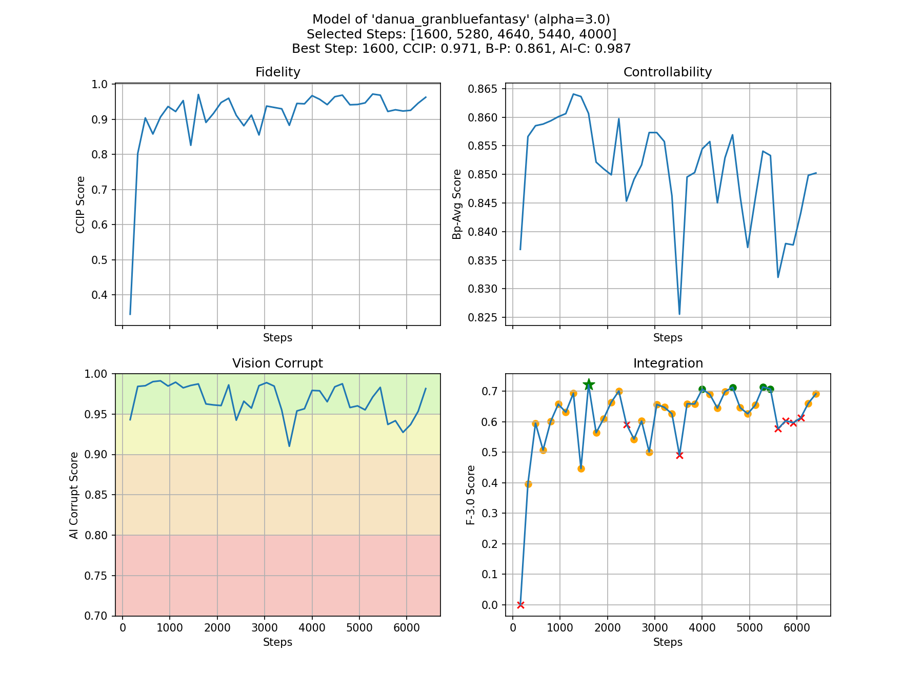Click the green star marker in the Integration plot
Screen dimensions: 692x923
click(x=589, y=384)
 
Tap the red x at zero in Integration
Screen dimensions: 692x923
click(x=520, y=605)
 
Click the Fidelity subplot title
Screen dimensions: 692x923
click(x=277, y=72)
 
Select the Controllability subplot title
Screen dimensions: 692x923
click(x=667, y=72)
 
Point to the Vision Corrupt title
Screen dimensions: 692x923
click(x=277, y=363)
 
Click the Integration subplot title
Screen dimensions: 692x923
click(x=668, y=363)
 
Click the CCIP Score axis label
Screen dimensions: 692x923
click(x=81, y=205)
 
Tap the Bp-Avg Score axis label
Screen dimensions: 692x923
click(x=457, y=204)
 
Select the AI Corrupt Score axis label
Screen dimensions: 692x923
click(x=74, y=495)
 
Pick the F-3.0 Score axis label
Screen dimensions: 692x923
click(x=471, y=495)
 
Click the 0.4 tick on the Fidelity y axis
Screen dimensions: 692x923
click(x=101, y=295)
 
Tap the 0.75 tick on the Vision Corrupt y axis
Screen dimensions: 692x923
click(x=98, y=576)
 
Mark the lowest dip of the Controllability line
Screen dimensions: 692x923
click(x=679, y=314)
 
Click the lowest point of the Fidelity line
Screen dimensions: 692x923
click(x=130, y=314)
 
